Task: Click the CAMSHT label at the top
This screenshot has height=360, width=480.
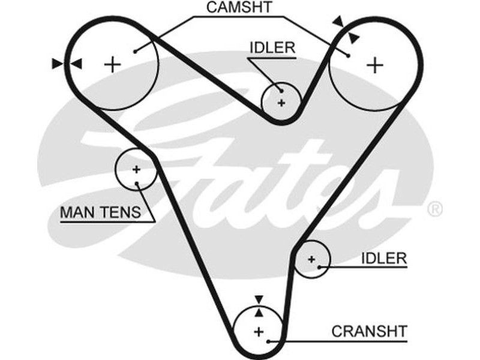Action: (238, 8)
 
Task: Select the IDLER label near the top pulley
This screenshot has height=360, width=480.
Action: (272, 48)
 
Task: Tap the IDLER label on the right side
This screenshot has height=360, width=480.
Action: (384, 259)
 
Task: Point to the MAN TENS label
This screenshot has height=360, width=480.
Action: (100, 212)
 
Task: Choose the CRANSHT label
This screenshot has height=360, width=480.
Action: (370, 331)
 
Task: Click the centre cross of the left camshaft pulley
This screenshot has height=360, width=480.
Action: (112, 64)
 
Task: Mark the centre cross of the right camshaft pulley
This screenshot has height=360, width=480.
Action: (375, 64)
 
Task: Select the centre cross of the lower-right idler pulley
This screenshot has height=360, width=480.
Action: (311, 259)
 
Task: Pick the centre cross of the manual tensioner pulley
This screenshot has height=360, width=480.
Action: (136, 169)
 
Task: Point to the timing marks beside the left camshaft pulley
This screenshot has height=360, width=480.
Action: (67, 64)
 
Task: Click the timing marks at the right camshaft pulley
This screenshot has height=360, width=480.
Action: (346, 29)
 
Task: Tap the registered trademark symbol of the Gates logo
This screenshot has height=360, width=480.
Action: (434, 209)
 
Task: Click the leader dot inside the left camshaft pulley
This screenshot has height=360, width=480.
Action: (136, 52)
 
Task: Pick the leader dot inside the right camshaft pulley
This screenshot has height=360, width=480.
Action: (348, 55)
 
